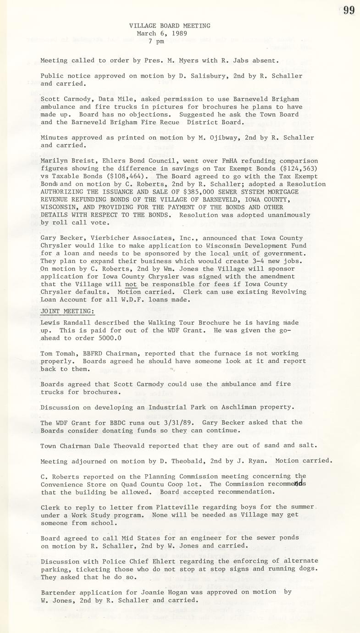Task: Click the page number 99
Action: [349, 10]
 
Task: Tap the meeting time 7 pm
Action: [156, 41]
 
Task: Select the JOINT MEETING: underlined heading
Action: [67, 311]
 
